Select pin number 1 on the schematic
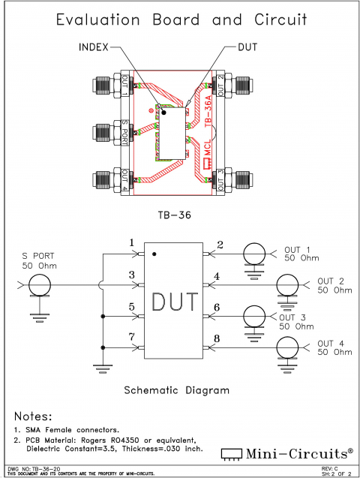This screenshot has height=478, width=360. (131, 243)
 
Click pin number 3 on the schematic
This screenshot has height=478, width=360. (131, 276)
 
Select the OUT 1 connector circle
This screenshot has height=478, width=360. (255, 254)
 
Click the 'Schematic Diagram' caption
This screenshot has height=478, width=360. (175, 390)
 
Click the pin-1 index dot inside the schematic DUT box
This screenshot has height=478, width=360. (154, 254)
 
